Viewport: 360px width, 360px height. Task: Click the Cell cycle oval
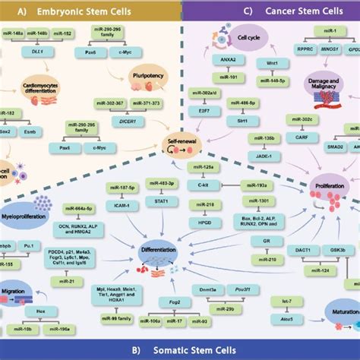coord(229,36)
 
